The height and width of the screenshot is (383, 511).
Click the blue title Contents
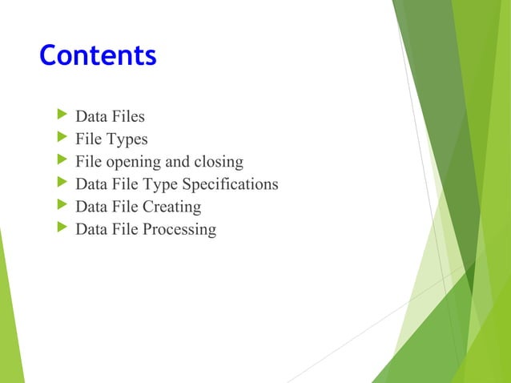[98, 56]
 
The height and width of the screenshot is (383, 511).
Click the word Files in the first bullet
[128, 118]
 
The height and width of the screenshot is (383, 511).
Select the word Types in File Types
[127, 140]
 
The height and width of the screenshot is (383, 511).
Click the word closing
[219, 163]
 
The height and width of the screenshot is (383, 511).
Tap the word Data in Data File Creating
[91, 208]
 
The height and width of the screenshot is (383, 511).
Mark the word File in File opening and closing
[88, 163]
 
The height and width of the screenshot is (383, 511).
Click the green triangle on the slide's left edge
[10, 321]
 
